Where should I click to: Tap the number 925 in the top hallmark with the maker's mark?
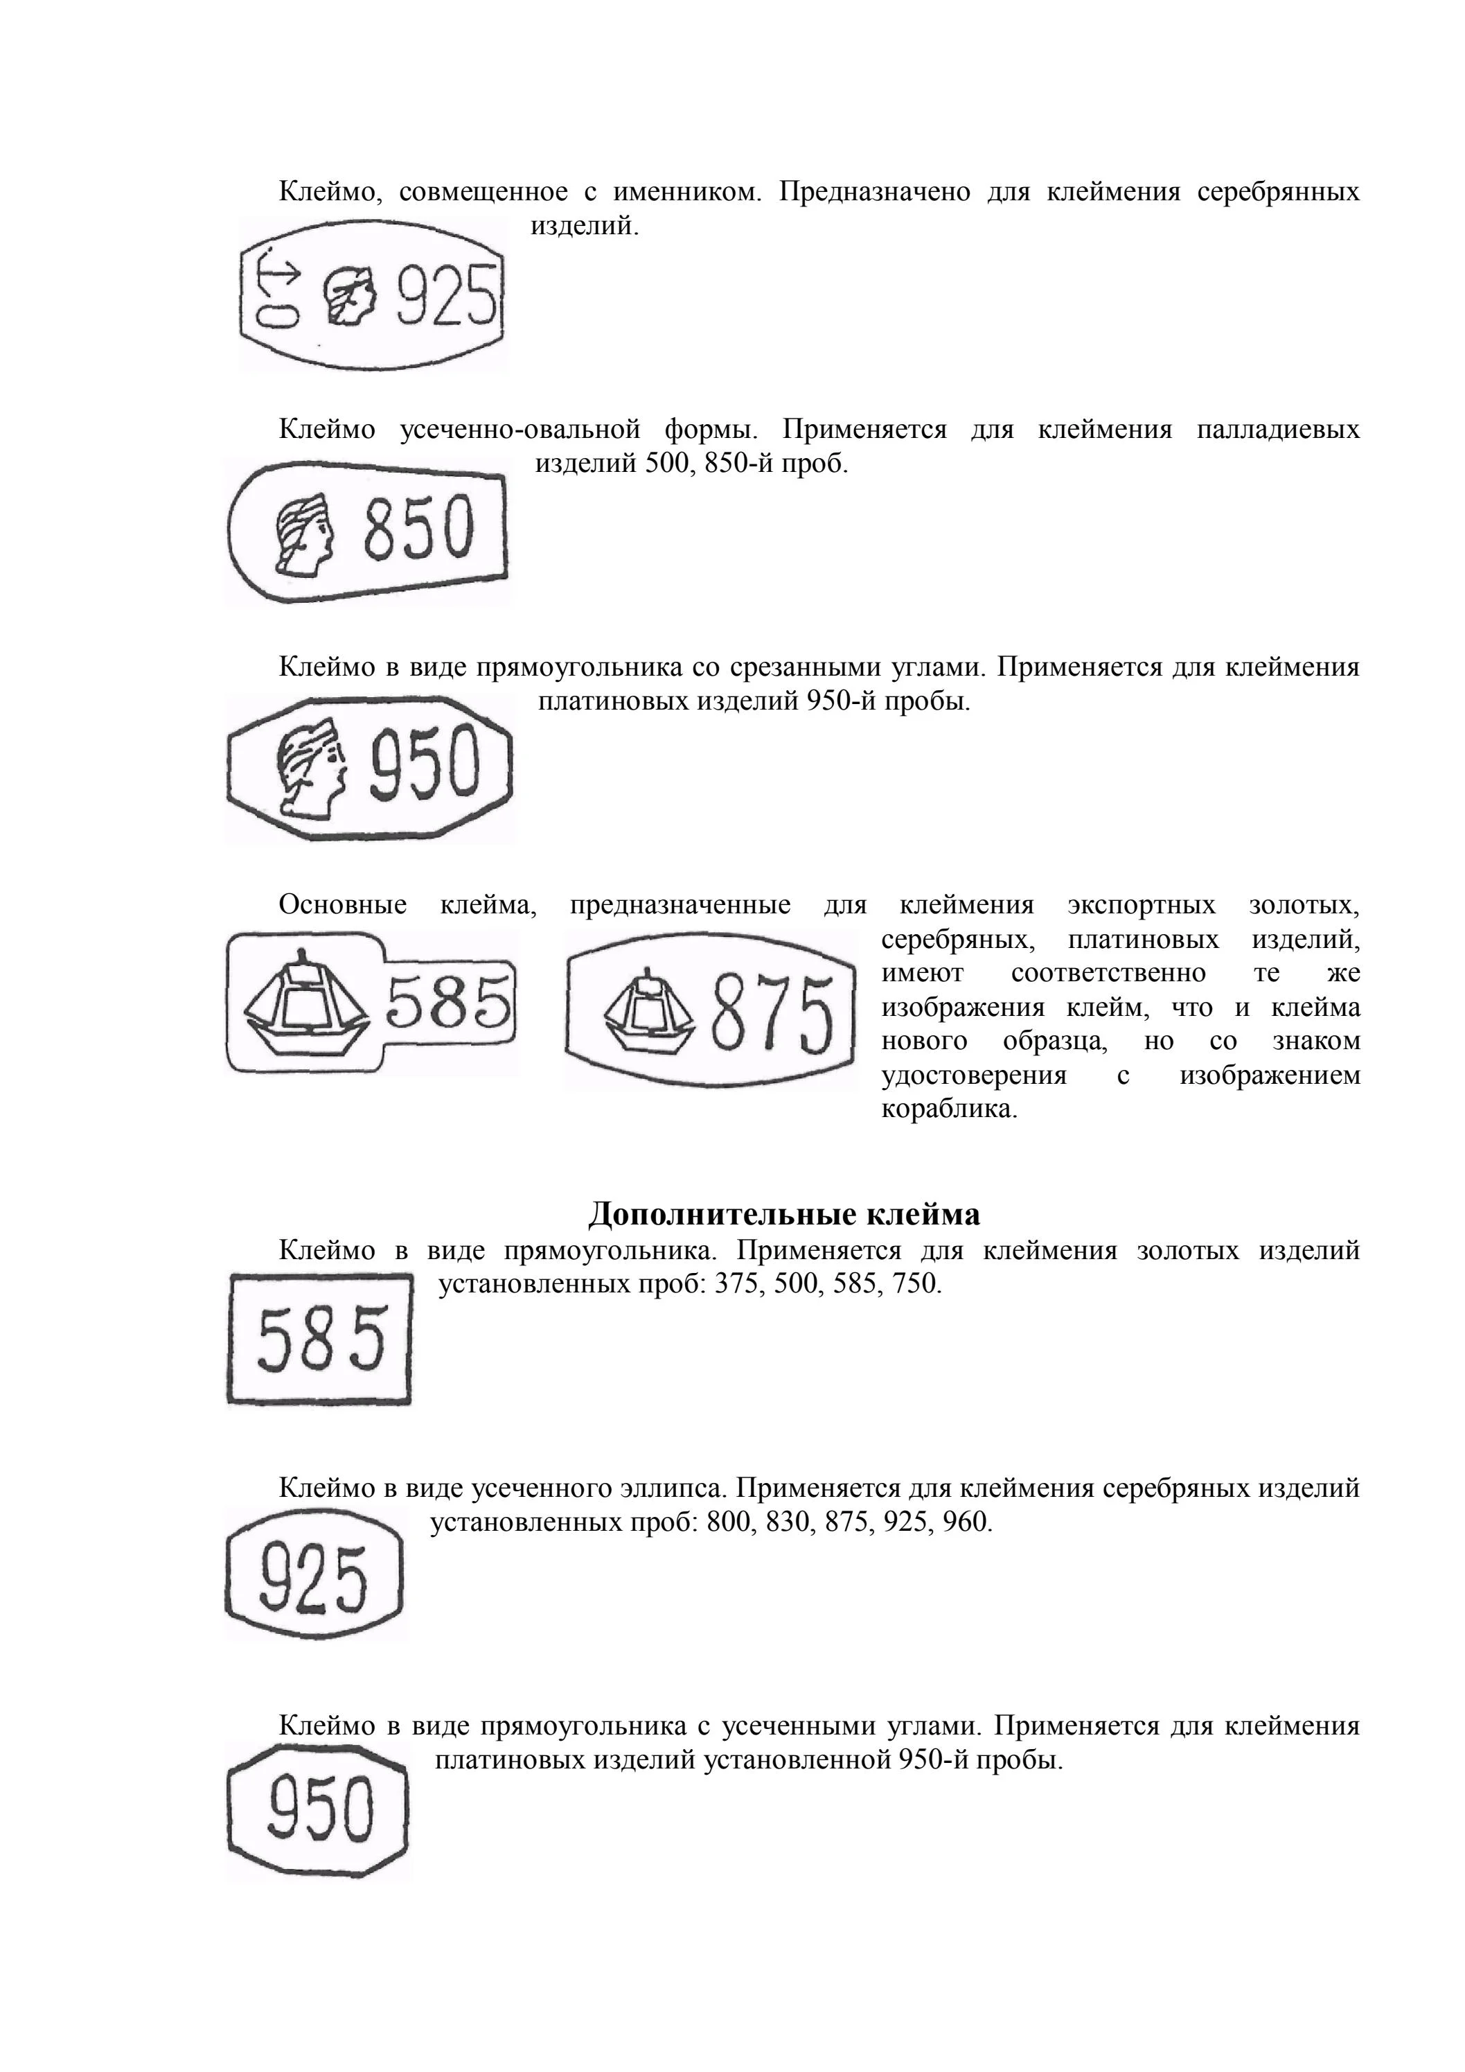coord(445,295)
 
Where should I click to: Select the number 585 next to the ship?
coord(447,1003)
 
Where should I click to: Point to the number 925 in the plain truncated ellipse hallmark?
coord(313,1579)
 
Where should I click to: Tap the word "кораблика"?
coord(949,1109)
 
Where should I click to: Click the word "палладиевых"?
coord(1277,430)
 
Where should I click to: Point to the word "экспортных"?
coord(1141,905)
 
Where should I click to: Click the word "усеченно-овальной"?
coord(520,430)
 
